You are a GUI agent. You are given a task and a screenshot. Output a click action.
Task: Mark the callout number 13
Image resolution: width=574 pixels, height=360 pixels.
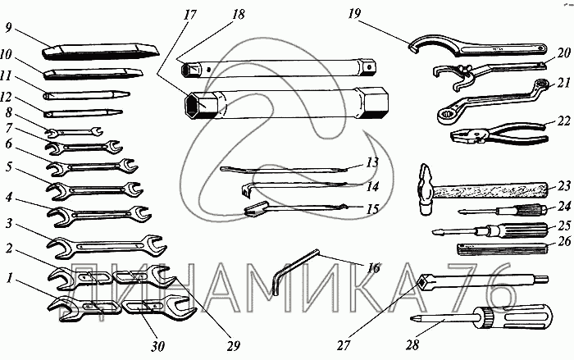[372, 163]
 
